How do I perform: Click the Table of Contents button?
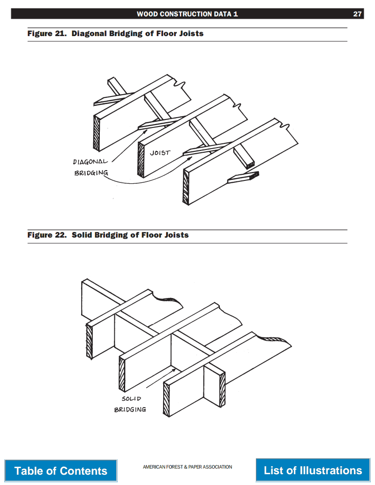[61, 470]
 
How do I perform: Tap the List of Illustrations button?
[313, 470]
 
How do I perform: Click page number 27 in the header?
[357, 14]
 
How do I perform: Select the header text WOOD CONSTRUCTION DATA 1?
[187, 14]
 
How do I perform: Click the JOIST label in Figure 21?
[160, 153]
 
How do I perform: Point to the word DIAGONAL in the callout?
[90, 162]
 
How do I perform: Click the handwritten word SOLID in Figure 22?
[131, 399]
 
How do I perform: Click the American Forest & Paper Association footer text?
[187, 467]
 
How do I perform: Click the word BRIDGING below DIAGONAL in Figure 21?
[91, 173]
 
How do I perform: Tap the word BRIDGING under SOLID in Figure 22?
[130, 409]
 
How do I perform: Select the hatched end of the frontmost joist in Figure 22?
[166, 399]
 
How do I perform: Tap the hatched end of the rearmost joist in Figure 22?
[90, 338]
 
